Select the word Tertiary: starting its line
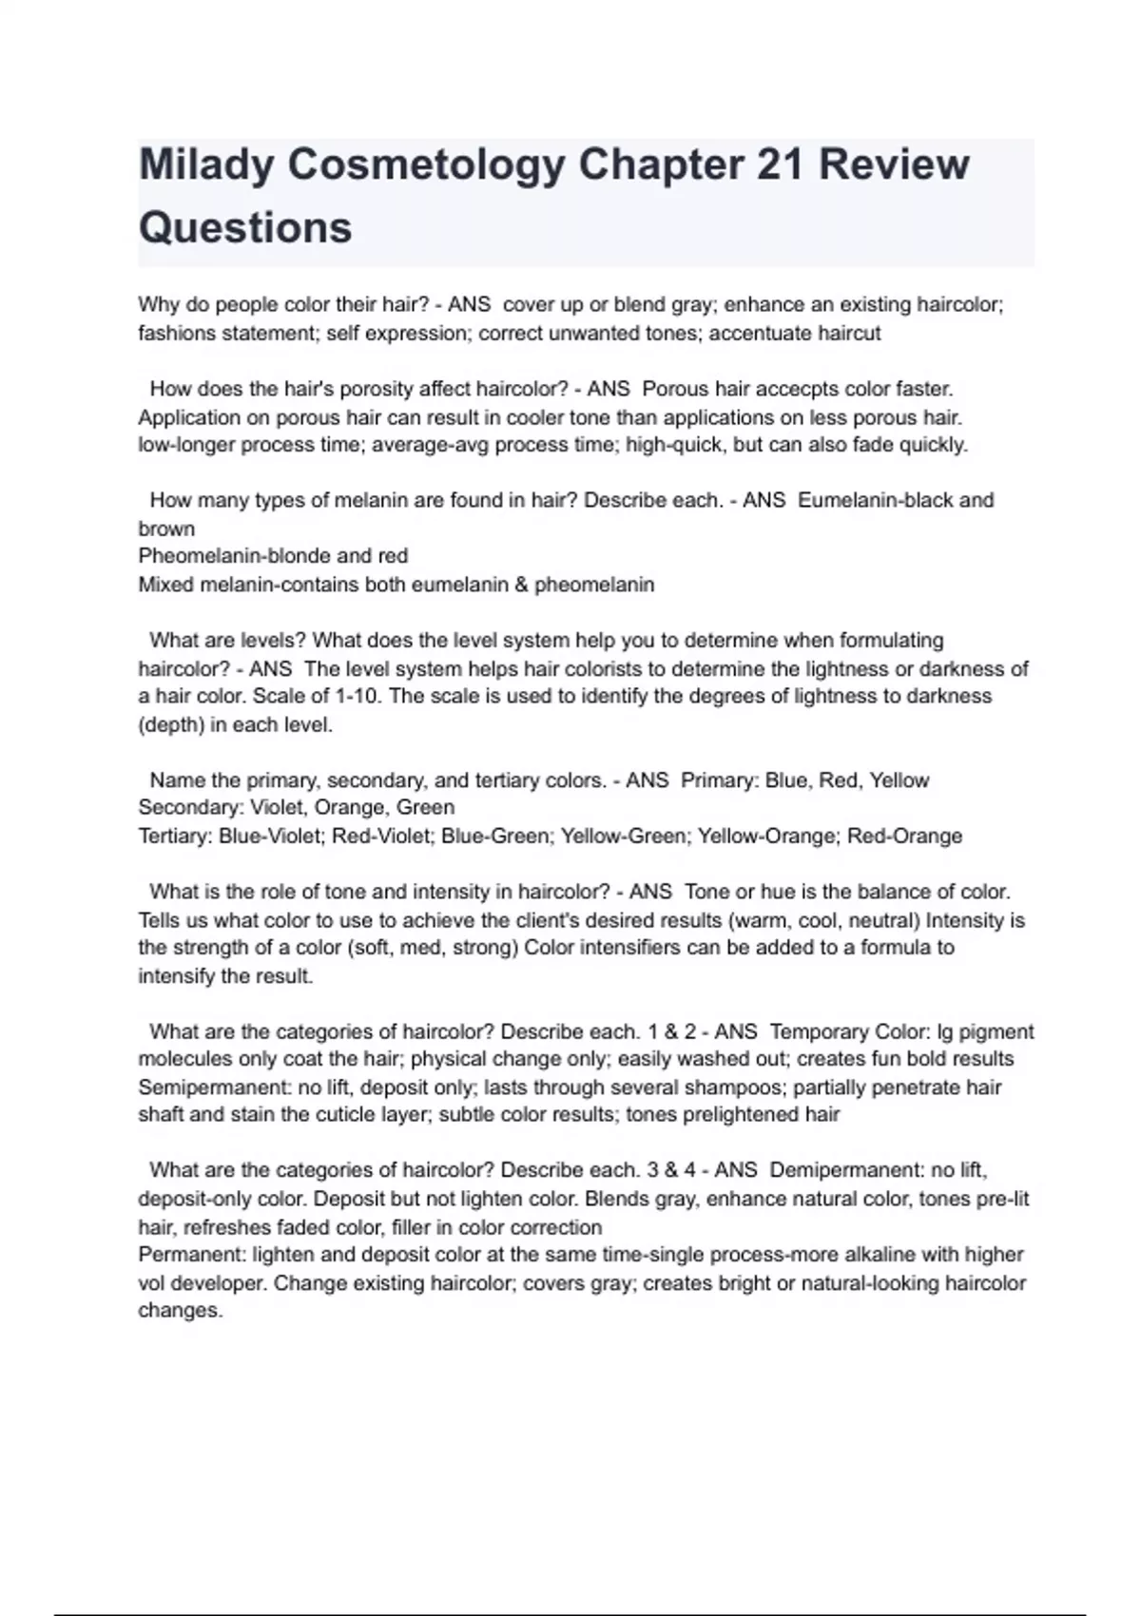click(175, 837)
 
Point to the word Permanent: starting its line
click(191, 1255)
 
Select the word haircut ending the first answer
click(846, 334)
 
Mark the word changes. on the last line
click(180, 1311)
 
